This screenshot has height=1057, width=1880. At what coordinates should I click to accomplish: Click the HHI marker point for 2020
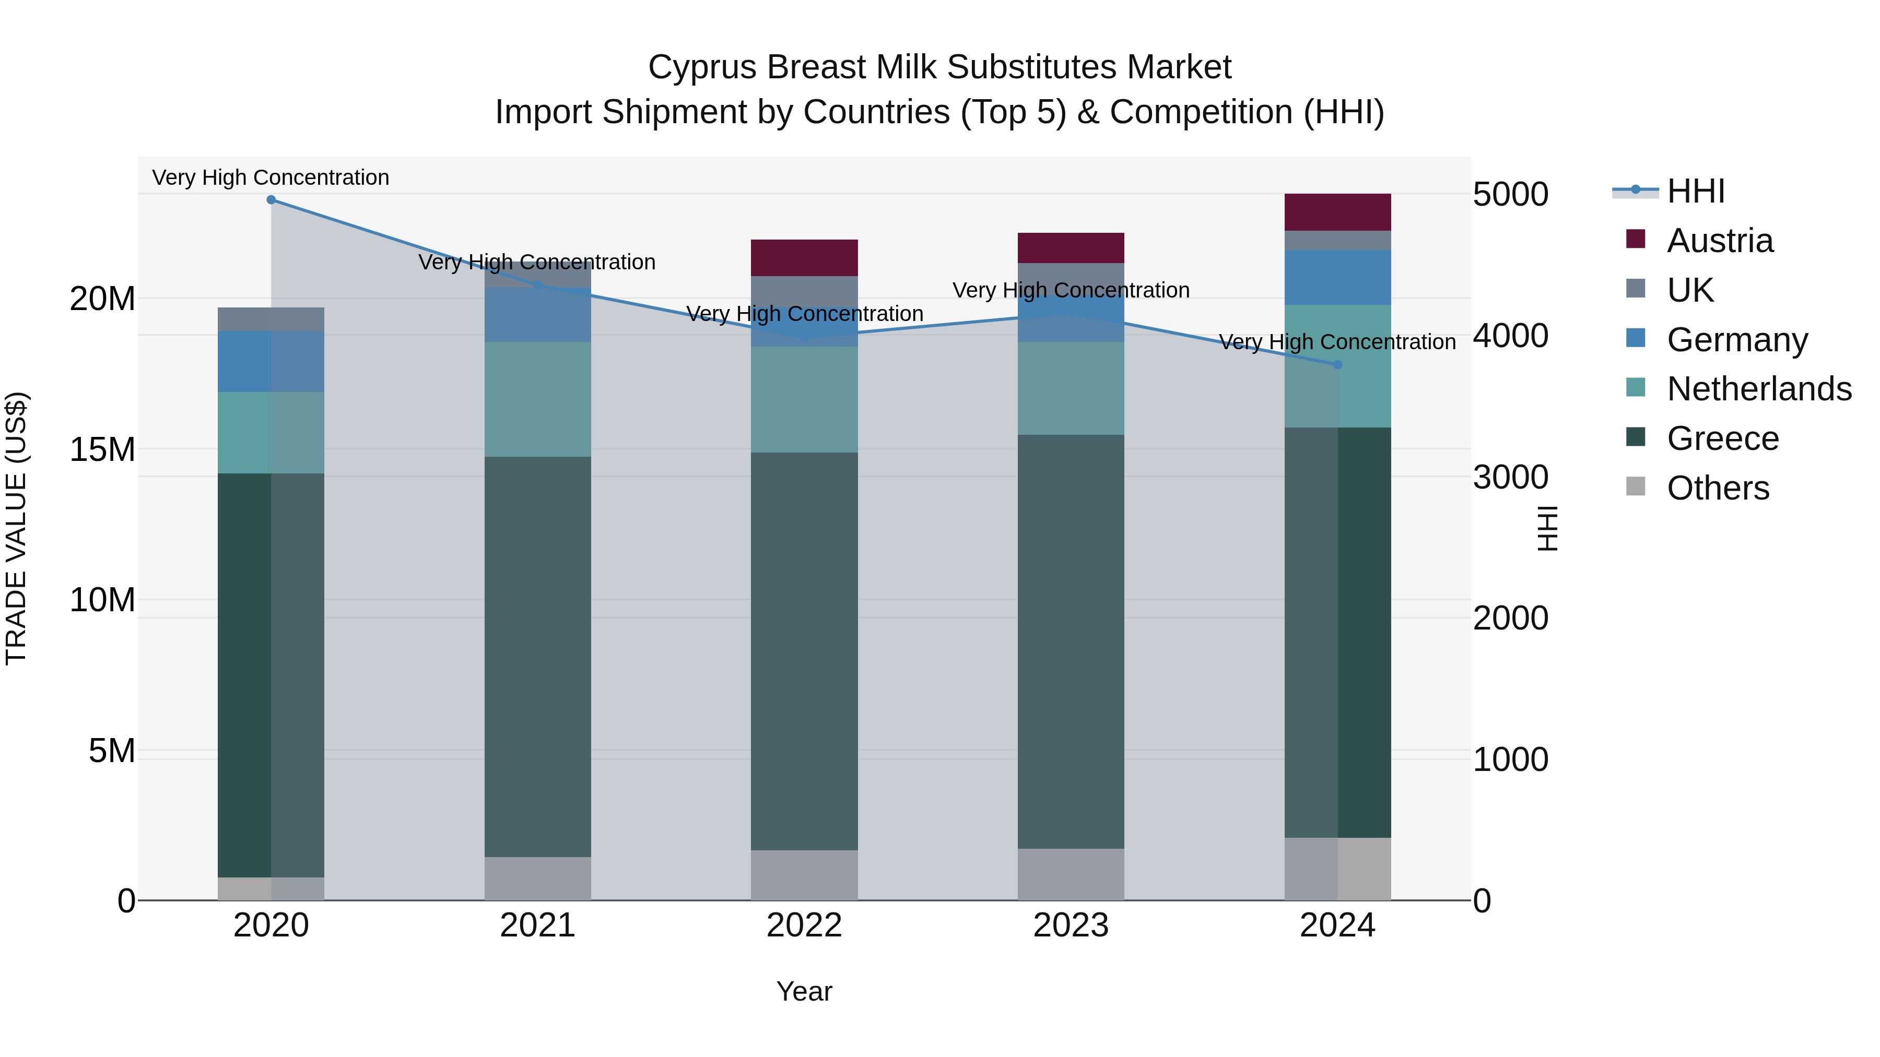click(x=271, y=200)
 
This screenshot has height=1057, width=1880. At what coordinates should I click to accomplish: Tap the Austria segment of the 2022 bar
click(x=804, y=257)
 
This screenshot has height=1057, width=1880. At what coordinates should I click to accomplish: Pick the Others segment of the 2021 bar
click(x=538, y=878)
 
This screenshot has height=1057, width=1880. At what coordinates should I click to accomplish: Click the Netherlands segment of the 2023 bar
click(x=1071, y=388)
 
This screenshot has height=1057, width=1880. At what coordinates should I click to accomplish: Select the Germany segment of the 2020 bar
click(x=271, y=362)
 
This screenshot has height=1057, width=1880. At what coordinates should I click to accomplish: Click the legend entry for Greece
click(x=1722, y=438)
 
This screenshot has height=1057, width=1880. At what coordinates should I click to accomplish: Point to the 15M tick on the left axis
click(x=102, y=449)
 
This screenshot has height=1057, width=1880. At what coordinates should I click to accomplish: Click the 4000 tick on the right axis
click(x=1510, y=336)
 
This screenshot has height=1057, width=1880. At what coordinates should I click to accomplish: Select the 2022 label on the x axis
click(x=804, y=925)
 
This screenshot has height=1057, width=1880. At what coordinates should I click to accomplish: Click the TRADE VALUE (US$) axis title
click(x=16, y=528)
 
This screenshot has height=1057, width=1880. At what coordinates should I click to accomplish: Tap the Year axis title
click(x=804, y=991)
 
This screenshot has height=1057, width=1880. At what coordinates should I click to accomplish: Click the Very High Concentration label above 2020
click(x=271, y=177)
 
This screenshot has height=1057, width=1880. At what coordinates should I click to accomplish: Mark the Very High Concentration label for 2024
click(x=1337, y=341)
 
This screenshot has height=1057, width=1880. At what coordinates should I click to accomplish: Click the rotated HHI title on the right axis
click(x=1547, y=528)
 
